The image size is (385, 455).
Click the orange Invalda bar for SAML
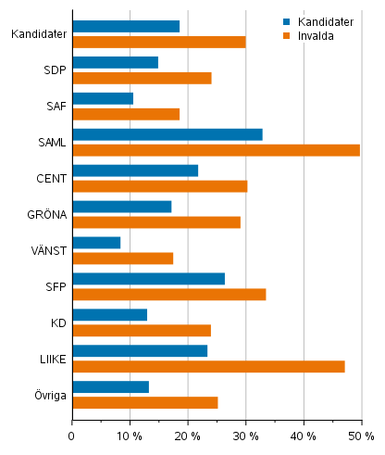coord(216,150)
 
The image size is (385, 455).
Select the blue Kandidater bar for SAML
coord(167,134)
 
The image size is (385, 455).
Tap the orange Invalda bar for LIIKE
coord(208,366)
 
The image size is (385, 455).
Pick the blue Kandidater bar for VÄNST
coord(96,243)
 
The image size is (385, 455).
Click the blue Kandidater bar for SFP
coord(148,279)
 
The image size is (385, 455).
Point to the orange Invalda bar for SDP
coord(142,78)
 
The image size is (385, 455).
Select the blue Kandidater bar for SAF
coord(103,98)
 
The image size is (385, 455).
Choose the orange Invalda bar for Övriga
coord(144,402)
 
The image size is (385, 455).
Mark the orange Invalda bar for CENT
coord(159,186)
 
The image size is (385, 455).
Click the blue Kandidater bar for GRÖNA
coord(121,207)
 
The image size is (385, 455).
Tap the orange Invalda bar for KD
coord(142,330)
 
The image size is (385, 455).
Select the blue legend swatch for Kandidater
coord(288,21)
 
